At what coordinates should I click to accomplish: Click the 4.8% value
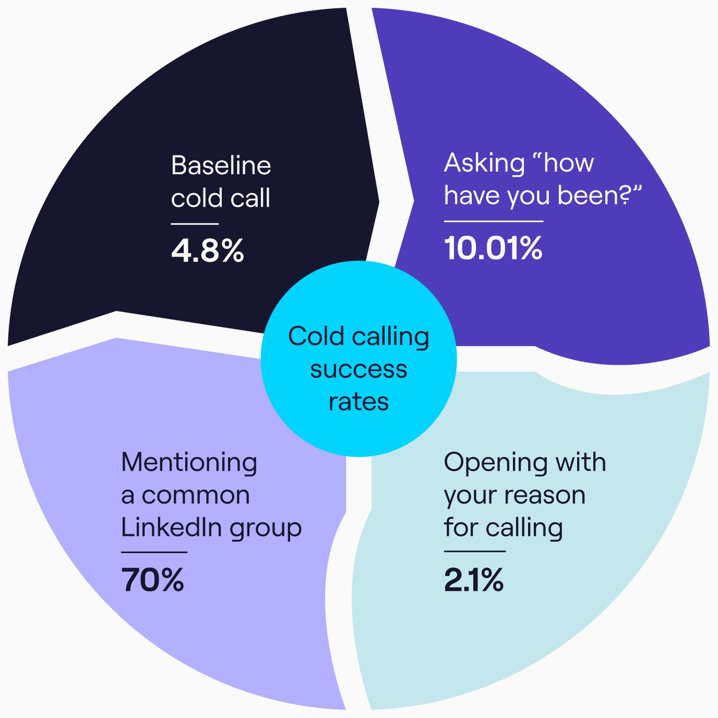click(x=207, y=251)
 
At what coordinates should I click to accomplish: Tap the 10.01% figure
click(x=493, y=248)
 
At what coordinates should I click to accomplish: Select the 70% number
click(x=153, y=580)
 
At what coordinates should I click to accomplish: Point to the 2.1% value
click(x=473, y=580)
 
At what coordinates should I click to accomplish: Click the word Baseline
click(x=221, y=166)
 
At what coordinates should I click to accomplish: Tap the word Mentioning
click(x=189, y=463)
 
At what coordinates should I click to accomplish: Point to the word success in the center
click(x=358, y=369)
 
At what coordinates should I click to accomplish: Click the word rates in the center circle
click(x=358, y=402)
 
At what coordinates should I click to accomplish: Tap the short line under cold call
click(x=194, y=224)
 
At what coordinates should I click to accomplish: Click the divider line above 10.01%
click(x=493, y=221)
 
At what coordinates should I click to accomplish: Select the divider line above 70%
click(x=154, y=552)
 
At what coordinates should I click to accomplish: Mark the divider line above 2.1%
click(x=474, y=551)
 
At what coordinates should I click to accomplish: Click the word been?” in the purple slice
click(x=599, y=196)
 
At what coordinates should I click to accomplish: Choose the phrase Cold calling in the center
click(x=358, y=337)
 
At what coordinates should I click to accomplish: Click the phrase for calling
click(x=503, y=528)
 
